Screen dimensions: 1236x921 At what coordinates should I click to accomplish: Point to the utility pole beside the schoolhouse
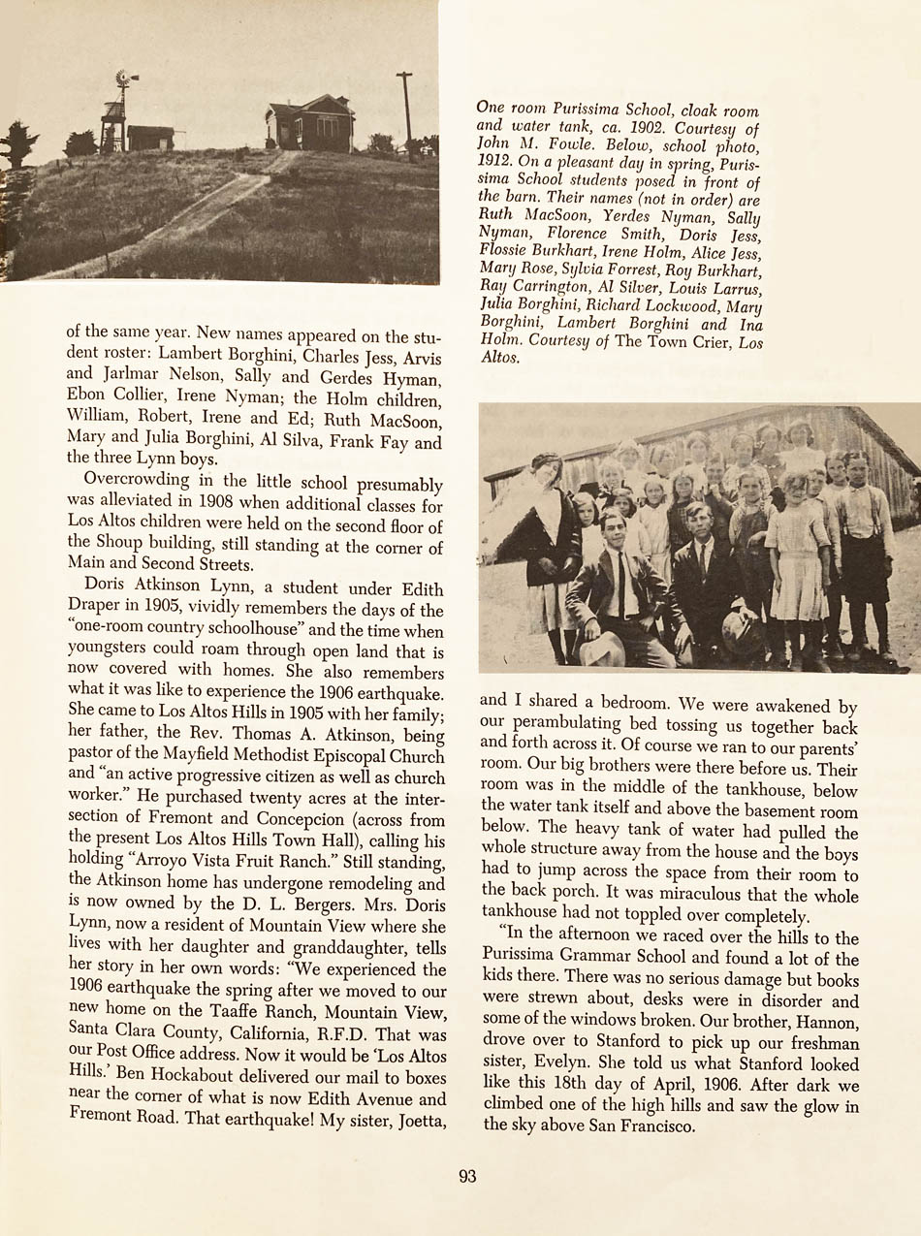pos(405,107)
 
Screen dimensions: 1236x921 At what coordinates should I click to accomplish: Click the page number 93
pos(467,1176)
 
